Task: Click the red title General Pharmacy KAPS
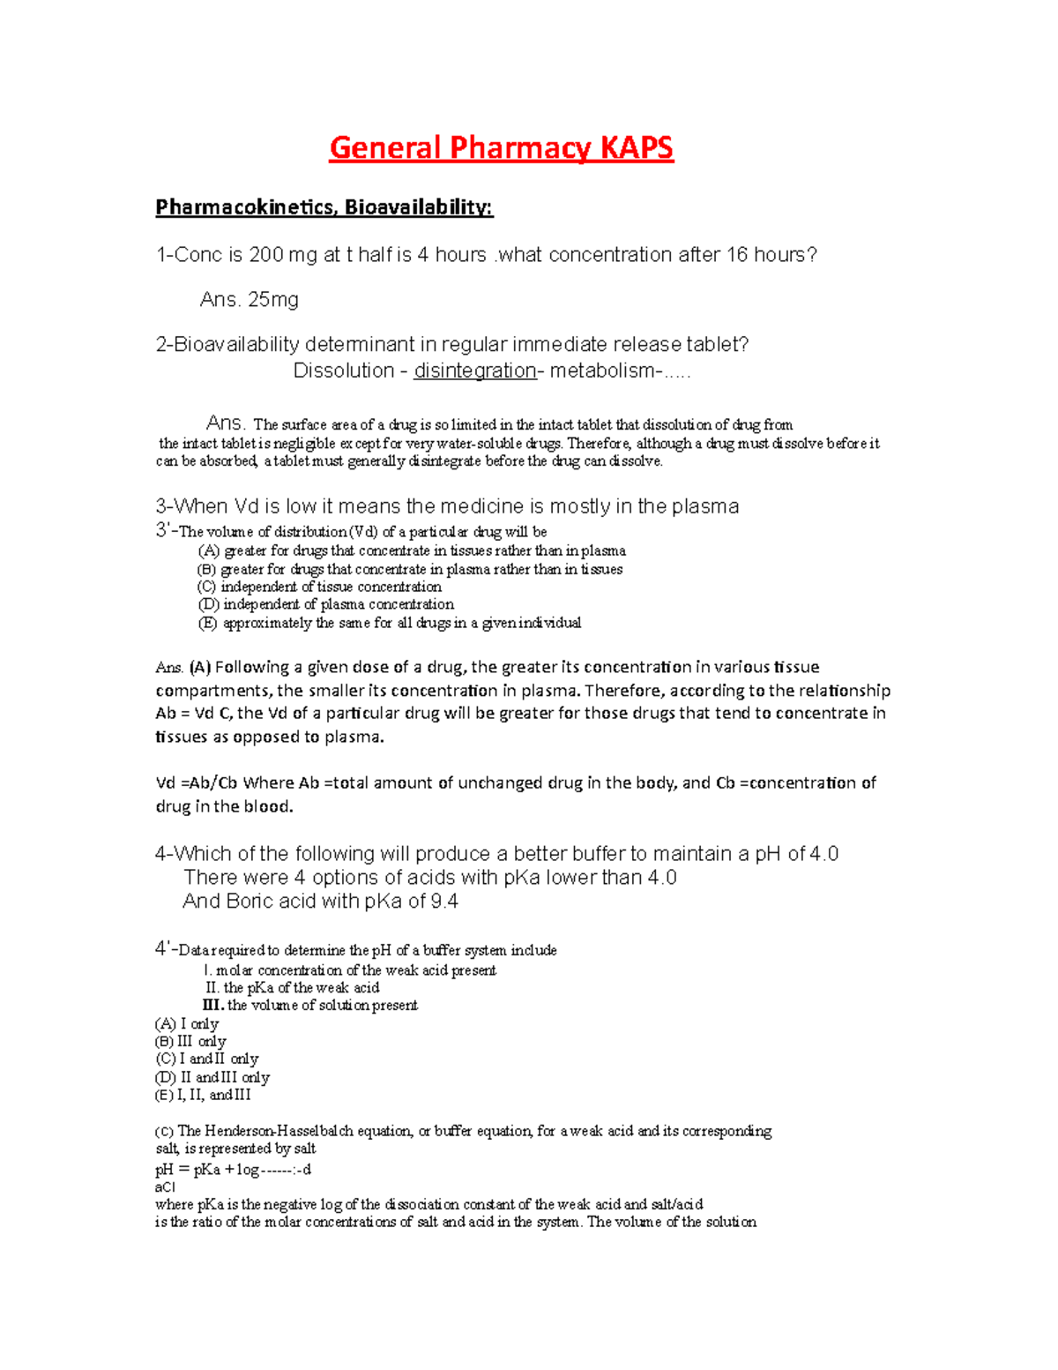tap(501, 147)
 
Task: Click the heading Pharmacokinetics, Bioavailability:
tap(324, 207)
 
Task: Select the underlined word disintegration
tap(475, 371)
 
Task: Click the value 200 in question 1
tap(266, 255)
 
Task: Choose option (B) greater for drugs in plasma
tap(410, 569)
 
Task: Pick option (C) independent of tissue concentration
tap(319, 587)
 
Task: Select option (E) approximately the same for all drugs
tap(390, 623)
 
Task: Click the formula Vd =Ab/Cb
tap(197, 782)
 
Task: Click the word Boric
tap(250, 901)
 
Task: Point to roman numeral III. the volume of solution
tap(310, 1005)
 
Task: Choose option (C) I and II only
tap(207, 1059)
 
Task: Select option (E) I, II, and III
tap(203, 1095)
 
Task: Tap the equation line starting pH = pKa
tap(233, 1170)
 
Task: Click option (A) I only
tap(187, 1023)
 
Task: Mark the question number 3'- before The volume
tap(166, 531)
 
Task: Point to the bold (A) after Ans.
tap(200, 667)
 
